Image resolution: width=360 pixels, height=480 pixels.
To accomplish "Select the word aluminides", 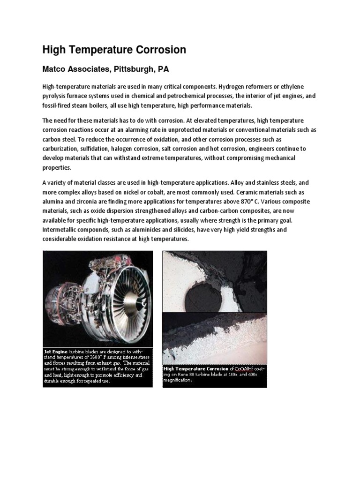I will click(145, 230).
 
